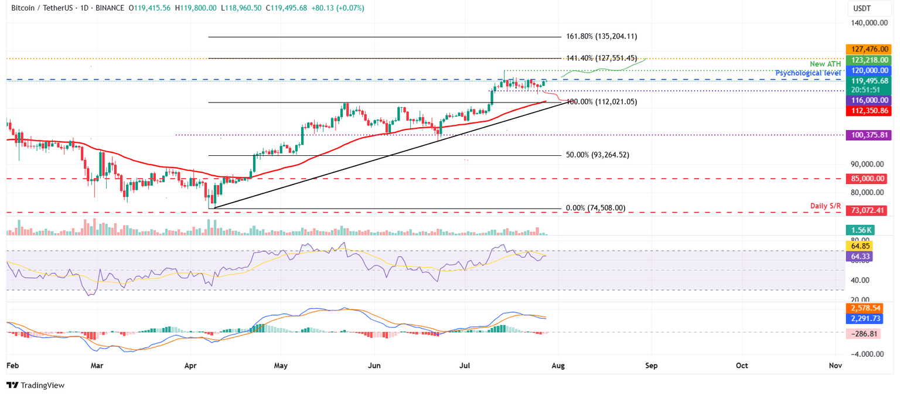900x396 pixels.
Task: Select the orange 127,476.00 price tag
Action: point(866,50)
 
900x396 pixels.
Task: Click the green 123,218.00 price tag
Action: point(866,60)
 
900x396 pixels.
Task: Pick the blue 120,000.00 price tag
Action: point(866,70)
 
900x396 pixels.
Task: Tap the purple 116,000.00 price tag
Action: point(866,100)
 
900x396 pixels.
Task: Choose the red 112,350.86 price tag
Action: point(866,110)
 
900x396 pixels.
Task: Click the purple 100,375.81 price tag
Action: point(866,135)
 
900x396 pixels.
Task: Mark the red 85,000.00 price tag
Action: point(866,179)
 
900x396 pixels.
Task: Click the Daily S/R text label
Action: point(826,206)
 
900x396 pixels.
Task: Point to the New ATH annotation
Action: point(826,64)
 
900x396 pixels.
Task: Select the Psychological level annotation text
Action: point(808,73)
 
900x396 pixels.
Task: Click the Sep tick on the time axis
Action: point(651,366)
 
